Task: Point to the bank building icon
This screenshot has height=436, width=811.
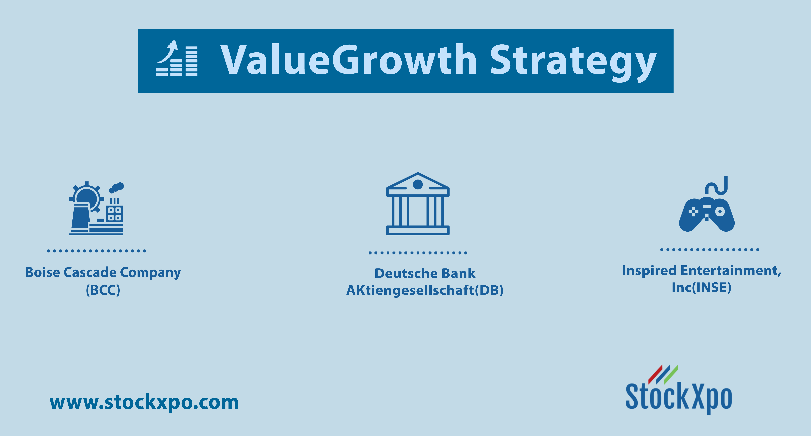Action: (418, 204)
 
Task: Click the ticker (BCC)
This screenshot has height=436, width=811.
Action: (103, 290)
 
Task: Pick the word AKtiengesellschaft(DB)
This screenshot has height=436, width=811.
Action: (425, 290)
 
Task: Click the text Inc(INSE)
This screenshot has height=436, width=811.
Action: (701, 287)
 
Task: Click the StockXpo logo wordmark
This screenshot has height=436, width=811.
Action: (679, 397)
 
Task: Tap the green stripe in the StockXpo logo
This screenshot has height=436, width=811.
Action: (671, 375)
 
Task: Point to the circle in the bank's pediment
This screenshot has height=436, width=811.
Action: (418, 184)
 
